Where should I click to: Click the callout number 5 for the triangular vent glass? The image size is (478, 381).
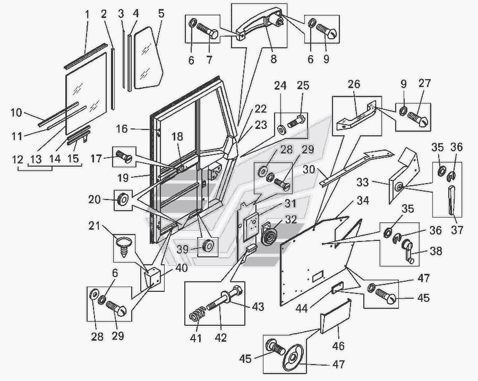tap(161, 14)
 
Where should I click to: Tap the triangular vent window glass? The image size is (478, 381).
tap(149, 58)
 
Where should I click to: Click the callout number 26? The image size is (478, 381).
tap(354, 84)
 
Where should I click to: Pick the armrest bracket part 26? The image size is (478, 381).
tap(356, 117)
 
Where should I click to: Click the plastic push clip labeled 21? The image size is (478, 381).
tap(124, 246)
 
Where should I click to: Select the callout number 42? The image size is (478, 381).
tap(221, 338)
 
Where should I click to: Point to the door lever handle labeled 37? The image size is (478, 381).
tap(452, 200)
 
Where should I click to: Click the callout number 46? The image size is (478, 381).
tap(338, 346)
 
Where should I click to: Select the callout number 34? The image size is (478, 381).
tap(363, 201)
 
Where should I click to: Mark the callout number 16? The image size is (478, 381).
tap(122, 129)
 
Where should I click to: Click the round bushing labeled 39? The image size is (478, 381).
tap(208, 246)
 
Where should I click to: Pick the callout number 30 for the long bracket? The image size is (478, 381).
tap(309, 169)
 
